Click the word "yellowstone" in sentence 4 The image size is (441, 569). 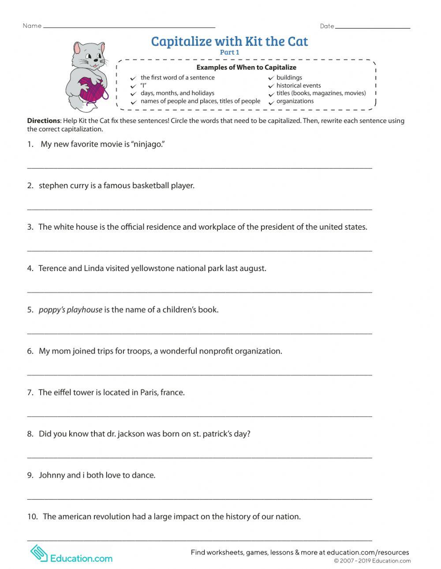point(153,268)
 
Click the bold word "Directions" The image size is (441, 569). point(43,121)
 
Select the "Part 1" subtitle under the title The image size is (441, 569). point(229,52)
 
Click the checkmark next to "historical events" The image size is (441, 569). point(271,86)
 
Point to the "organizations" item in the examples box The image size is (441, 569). point(295,101)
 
